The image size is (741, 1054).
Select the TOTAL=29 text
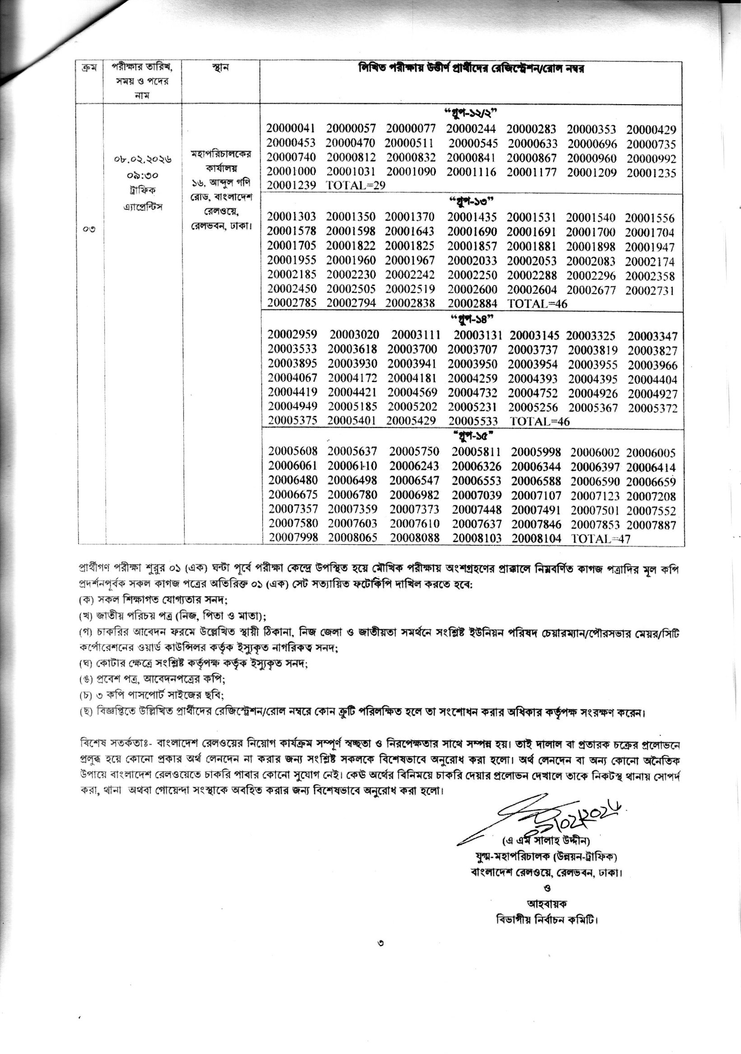tap(355, 185)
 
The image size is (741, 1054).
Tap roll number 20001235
tap(651, 173)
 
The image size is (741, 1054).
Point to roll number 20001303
tap(291, 217)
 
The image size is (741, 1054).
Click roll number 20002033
tap(472, 261)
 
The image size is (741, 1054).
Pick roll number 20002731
tap(649, 290)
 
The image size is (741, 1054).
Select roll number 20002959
tap(292, 335)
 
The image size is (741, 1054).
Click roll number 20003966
tap(653, 365)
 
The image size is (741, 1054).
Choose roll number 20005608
tap(292, 452)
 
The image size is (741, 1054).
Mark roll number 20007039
tap(476, 496)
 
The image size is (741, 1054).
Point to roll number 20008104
tap(536, 539)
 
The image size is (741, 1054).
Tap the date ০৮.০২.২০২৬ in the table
tap(143, 160)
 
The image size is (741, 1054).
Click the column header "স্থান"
tap(221, 68)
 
